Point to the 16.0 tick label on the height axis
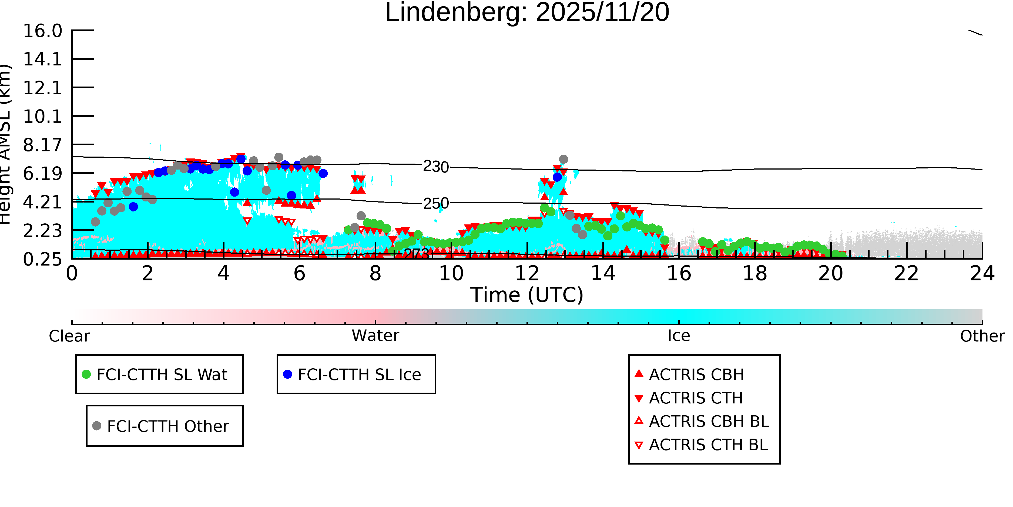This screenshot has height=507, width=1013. tap(42, 31)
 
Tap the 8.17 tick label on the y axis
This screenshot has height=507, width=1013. tap(42, 145)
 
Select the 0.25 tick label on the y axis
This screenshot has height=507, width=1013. tap(42, 259)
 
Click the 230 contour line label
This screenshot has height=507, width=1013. tap(436, 167)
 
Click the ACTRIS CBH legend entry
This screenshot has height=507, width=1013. tap(696, 374)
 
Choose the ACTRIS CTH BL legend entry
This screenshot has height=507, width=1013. tap(708, 445)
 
